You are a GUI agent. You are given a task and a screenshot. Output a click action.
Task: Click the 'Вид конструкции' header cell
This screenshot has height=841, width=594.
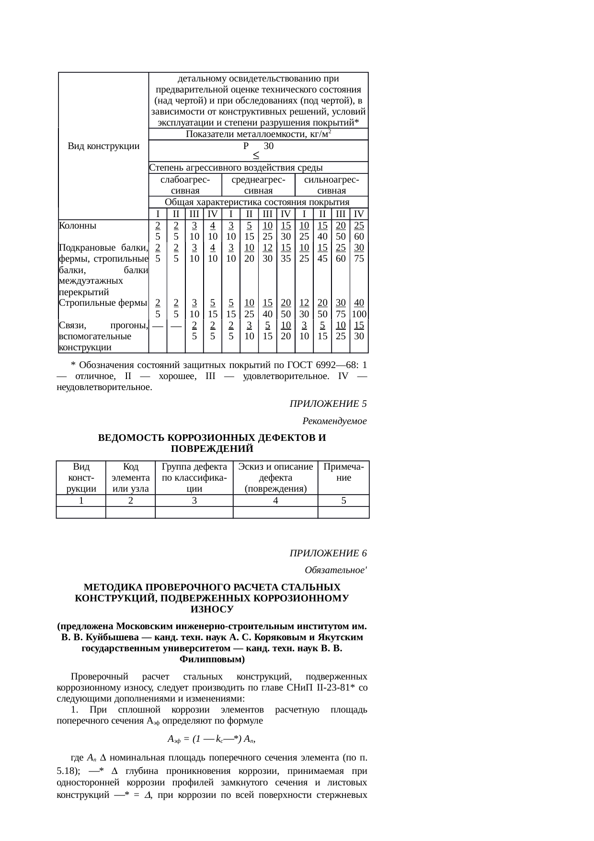coord(103,146)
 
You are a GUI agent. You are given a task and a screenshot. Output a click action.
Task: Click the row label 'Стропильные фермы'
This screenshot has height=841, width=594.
coord(103,303)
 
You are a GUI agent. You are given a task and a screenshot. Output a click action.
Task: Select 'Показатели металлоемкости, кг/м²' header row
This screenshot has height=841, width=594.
coord(258,134)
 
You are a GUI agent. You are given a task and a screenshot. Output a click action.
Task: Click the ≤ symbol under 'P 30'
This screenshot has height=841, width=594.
coord(256,155)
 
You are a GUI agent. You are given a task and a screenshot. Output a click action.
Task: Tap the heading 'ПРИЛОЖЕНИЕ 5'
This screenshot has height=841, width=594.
coord(328,403)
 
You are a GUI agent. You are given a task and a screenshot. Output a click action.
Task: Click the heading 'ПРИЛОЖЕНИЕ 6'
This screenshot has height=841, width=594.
coord(328,553)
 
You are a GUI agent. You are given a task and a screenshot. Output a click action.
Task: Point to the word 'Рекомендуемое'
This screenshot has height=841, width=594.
coord(334,421)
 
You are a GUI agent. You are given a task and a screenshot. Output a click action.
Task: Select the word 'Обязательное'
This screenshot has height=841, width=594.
coord(335,570)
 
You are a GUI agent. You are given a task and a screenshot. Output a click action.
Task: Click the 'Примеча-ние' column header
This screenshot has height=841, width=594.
coord(343,472)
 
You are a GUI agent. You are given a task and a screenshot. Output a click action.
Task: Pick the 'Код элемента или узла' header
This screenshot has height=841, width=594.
coord(130,478)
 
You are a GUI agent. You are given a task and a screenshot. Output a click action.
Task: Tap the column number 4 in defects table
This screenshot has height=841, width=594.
coord(275,501)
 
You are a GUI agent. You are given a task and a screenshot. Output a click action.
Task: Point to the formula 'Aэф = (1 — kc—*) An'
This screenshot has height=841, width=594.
coord(212,738)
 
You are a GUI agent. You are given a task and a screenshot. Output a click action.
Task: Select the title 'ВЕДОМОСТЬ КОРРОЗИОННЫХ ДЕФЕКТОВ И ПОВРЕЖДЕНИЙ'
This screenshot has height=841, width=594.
coord(212,443)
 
